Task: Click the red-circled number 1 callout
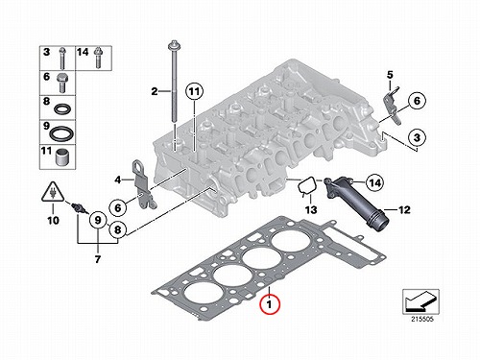tap(270, 304)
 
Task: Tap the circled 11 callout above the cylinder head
tap(194, 92)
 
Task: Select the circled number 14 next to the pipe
tap(374, 182)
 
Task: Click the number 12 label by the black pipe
tap(404, 210)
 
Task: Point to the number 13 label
tap(311, 209)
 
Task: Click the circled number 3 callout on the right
tap(417, 137)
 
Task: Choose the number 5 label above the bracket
tap(390, 75)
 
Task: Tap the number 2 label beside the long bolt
tap(155, 91)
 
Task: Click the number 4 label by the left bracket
tap(118, 180)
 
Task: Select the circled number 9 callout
tap(98, 220)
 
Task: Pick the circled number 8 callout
tap(118, 229)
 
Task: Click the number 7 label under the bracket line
tap(98, 259)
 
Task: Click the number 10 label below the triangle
tap(53, 220)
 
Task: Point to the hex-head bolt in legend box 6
tap(62, 83)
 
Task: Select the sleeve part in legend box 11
tap(61, 156)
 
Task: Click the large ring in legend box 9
tap(61, 132)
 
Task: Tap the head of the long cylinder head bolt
tap(173, 45)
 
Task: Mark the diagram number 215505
tap(421, 319)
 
